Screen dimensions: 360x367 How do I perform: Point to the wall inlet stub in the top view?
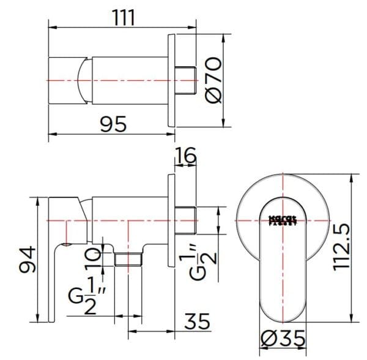[185, 80]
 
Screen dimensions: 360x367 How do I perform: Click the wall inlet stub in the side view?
[185, 220]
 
